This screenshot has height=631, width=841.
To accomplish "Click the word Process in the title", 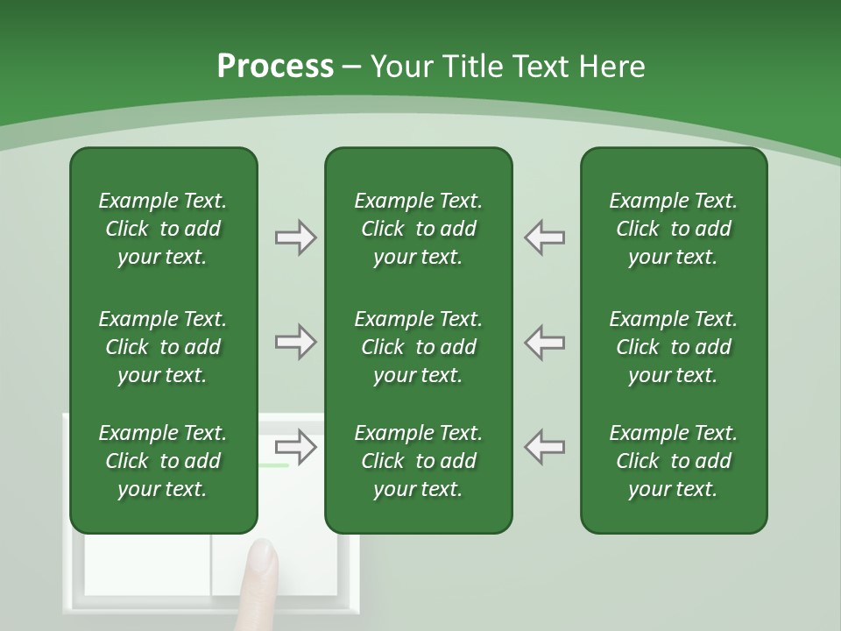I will (x=275, y=66).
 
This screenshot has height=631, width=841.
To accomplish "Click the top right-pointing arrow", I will (x=295, y=238).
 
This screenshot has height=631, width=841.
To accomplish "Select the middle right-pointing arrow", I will (x=295, y=342).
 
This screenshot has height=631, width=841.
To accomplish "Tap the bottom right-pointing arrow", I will (x=295, y=447).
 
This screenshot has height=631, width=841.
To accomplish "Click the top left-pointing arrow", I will (x=544, y=238).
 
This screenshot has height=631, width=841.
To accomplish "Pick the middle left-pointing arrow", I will (x=544, y=342).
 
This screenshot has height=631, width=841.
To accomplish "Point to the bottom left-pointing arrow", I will (x=544, y=447).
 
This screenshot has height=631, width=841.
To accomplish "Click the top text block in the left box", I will (x=163, y=229).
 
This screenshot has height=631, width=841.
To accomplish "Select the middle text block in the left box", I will (x=163, y=347).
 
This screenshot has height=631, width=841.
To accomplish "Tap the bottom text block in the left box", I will (x=163, y=461).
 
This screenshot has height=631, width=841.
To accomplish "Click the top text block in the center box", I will (x=418, y=229).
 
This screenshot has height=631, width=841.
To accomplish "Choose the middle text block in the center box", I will (x=418, y=347).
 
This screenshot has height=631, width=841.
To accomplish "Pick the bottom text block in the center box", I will (x=418, y=461).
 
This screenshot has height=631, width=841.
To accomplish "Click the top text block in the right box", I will (x=673, y=229).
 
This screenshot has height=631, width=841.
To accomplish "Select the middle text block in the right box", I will (x=673, y=347).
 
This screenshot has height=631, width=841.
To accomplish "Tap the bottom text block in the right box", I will (x=673, y=461).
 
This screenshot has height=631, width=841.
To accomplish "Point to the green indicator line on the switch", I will (x=273, y=465).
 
